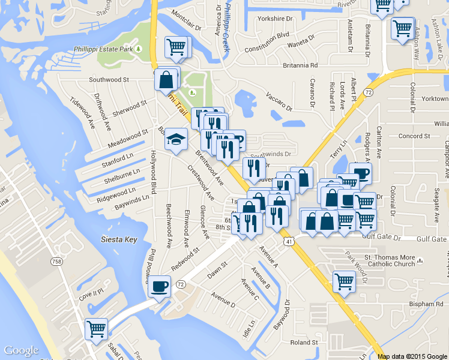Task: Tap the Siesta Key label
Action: click(x=119, y=239)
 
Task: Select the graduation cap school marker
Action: click(x=176, y=140)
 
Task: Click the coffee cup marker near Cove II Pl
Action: click(x=159, y=286)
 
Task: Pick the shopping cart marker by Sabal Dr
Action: click(x=96, y=328)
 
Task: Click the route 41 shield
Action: click(x=289, y=241)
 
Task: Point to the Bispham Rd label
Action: click(x=427, y=305)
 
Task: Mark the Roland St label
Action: click(x=303, y=343)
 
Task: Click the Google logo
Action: click(x=21, y=350)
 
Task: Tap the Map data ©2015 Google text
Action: click(x=412, y=356)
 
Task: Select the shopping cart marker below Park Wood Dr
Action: click(x=344, y=281)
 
